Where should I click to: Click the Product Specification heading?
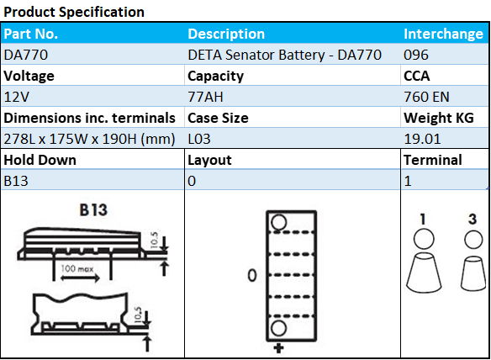(x=73, y=12)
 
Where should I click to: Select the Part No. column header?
(x=30, y=34)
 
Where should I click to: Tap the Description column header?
(x=226, y=34)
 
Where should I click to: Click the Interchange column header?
(x=443, y=34)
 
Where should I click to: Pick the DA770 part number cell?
(x=24, y=55)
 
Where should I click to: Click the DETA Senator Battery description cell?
(x=284, y=55)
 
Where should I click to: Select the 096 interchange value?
(x=416, y=55)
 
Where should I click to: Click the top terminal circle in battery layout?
(x=279, y=222)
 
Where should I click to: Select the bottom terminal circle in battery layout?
(x=279, y=326)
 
